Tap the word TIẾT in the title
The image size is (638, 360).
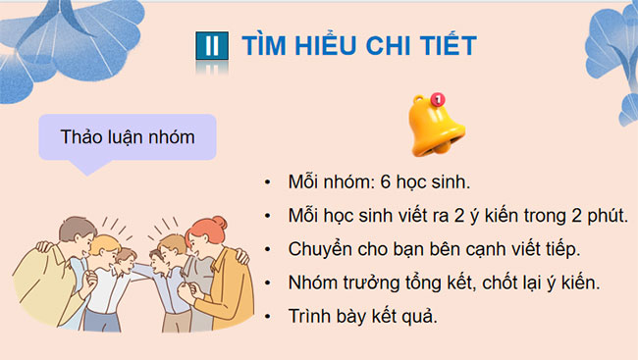coord(449,45)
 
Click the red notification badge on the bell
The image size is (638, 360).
coord(438,99)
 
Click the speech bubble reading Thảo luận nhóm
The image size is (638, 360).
coord(128,137)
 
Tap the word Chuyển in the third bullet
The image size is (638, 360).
coord(320,249)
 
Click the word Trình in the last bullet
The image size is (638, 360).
coord(311,316)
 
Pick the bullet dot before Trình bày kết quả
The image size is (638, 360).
coord(269,317)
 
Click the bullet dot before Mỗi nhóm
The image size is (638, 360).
coord(269,184)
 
